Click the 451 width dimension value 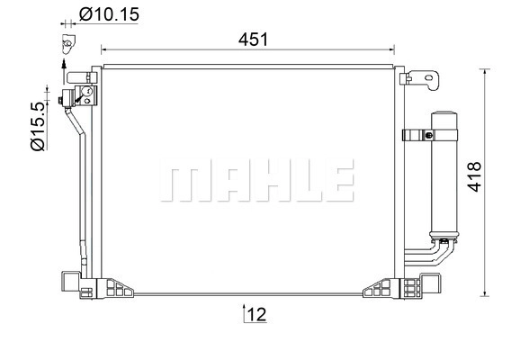(253, 40)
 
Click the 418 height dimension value (474, 176)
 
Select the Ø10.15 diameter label (109, 14)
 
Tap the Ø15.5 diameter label (38, 126)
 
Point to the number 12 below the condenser (256, 314)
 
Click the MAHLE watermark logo (256, 180)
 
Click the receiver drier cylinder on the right (444, 175)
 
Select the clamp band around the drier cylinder (430, 135)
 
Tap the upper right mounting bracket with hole (420, 79)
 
